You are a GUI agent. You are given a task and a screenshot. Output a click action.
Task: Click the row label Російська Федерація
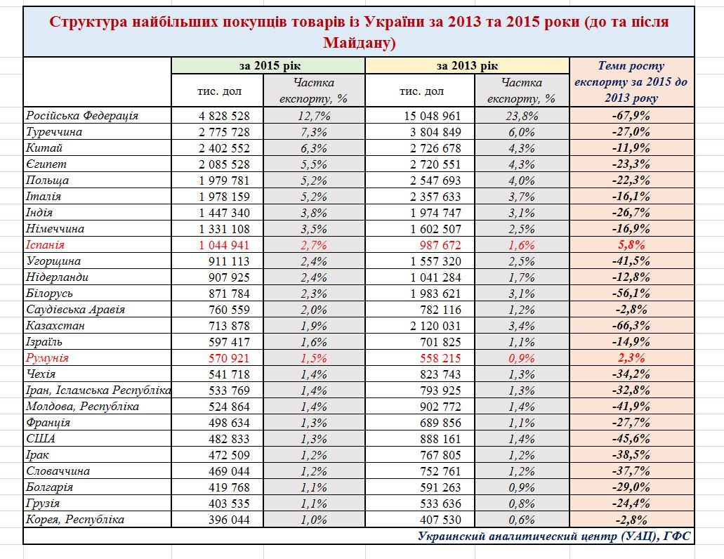pos(82,116)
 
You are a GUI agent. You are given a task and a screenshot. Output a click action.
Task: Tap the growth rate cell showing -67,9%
pos(631,116)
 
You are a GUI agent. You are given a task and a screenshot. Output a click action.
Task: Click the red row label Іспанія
pos(45,245)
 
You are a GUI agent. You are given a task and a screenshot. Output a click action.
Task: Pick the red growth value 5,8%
pos(631,245)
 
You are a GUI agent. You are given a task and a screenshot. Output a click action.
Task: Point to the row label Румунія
pos(47,358)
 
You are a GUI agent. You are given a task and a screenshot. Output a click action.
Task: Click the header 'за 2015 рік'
pos(268,66)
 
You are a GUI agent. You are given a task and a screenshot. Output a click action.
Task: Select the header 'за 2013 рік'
pos(467,66)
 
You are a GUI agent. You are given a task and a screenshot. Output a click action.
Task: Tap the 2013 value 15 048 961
pos(433,116)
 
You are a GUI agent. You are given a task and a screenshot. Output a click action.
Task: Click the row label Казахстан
pos(55,326)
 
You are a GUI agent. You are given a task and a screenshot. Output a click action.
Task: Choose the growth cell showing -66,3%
pos(631,326)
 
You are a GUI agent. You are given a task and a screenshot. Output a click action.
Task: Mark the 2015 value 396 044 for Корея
pos(225,520)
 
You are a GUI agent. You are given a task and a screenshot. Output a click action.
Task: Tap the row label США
pos(41,439)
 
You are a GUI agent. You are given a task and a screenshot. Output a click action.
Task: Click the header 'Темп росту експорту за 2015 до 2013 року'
pos(631,82)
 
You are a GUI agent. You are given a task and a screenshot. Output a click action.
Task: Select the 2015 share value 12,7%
pos(313,116)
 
